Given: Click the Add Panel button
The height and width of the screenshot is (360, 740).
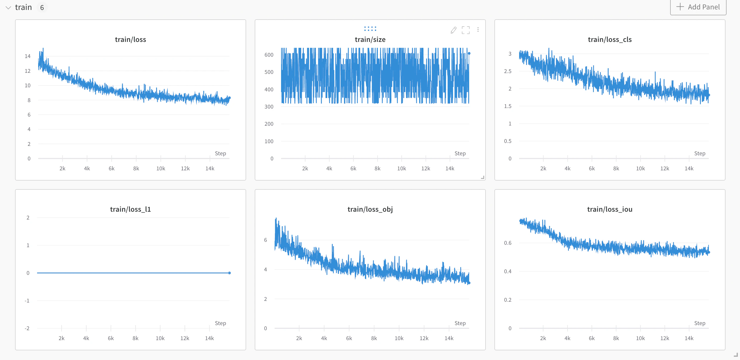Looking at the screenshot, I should tap(698, 7).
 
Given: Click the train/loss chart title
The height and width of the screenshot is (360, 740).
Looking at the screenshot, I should tap(130, 39).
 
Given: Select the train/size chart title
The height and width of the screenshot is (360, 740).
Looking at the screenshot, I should tap(370, 39).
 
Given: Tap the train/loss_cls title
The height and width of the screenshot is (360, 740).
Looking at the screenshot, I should tap(610, 39).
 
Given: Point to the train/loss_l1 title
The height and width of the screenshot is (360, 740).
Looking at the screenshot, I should tap(130, 209).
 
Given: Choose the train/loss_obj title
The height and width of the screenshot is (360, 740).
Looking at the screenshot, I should tap(370, 209).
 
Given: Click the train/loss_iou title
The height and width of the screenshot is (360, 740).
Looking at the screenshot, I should tap(610, 209).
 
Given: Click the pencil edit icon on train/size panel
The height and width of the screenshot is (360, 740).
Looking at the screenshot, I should tap(453, 30).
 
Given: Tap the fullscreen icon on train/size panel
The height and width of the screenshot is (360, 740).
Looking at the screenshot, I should tap(466, 30).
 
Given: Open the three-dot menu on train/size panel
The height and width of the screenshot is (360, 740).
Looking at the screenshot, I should tap(478, 30).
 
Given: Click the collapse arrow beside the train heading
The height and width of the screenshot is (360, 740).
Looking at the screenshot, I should tap(8, 8).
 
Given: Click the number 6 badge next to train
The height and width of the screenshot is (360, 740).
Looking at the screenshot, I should tap(42, 8).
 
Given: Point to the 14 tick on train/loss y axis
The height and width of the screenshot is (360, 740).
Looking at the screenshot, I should tap(28, 56).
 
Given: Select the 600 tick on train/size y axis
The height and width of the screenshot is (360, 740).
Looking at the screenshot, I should tap(269, 55).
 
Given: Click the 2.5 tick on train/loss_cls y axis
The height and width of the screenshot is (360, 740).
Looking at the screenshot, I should tap(508, 71).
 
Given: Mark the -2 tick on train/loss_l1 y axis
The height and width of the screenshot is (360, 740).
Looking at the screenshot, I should tap(27, 328).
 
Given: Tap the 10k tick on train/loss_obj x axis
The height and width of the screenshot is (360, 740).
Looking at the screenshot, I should tap(399, 338).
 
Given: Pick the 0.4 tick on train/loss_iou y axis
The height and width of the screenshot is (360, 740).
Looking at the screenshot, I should tap(508, 271).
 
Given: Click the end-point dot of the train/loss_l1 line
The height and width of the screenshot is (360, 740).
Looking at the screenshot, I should tap(229, 273).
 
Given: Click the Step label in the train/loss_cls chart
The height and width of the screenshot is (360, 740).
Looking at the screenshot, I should tap(699, 153).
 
